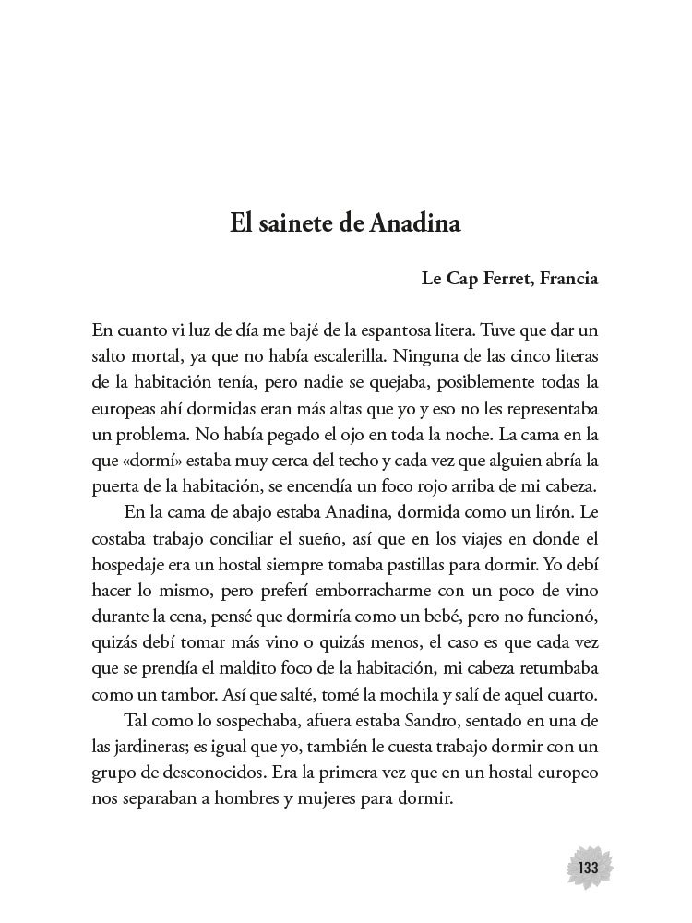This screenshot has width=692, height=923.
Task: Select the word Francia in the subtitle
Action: (561, 278)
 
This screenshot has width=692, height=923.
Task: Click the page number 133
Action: (589, 869)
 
